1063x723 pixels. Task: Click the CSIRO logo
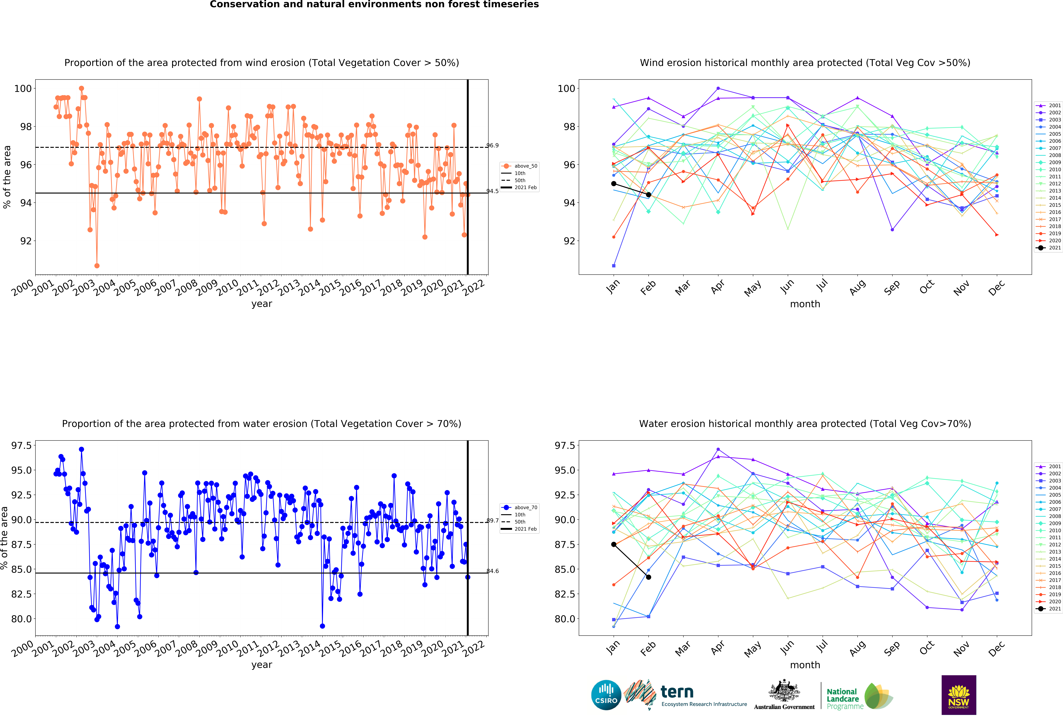click(606, 695)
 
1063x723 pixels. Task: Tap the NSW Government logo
click(959, 695)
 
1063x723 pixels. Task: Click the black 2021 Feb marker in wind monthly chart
click(649, 195)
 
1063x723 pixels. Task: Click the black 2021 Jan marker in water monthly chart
click(614, 544)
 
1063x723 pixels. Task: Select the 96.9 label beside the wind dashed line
click(493, 146)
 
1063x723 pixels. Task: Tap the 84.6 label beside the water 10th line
click(493, 571)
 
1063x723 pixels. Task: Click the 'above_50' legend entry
click(520, 166)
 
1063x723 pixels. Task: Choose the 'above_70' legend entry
click(520, 507)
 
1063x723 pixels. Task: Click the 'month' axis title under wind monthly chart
click(805, 304)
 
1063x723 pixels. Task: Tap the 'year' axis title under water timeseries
click(262, 665)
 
